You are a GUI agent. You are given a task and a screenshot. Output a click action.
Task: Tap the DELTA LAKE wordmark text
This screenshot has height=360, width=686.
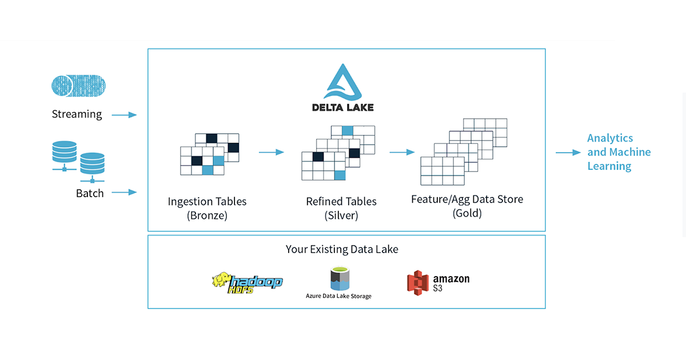pos(343,107)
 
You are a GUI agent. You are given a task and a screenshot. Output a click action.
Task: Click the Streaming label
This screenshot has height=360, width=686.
pos(77,114)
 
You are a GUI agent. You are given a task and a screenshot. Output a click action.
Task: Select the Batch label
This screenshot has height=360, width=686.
pos(90,193)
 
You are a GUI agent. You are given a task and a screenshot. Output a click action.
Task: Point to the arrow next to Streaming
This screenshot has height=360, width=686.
pos(124,115)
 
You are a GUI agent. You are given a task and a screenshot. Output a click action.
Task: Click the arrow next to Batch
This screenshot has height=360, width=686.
pos(124,193)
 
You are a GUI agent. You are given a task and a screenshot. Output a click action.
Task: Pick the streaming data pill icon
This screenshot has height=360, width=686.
pos(78,85)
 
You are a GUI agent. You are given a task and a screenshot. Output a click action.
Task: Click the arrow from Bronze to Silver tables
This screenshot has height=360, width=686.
pos(271,152)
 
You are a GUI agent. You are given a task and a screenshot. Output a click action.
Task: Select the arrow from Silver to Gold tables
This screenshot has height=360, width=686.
pos(402,152)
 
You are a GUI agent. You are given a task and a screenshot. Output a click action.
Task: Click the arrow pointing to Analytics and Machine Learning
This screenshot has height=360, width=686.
pos(568,153)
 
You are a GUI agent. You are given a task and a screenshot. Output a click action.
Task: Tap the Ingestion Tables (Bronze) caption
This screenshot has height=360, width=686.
pos(207,209)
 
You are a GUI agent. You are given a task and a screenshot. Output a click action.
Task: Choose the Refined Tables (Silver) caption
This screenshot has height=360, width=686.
pos(341,209)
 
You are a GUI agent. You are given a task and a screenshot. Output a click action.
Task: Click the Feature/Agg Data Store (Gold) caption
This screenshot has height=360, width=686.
pos(467,206)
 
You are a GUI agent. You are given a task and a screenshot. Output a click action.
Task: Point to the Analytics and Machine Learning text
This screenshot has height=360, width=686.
pos(619,152)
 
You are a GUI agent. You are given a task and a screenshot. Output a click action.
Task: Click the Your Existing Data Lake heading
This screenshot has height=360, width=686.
pos(342,249)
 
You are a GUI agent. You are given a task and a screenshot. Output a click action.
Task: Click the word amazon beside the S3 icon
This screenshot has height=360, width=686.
pos(451,279)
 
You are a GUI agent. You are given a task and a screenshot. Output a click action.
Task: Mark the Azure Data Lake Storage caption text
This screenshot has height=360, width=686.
pos(338,296)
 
